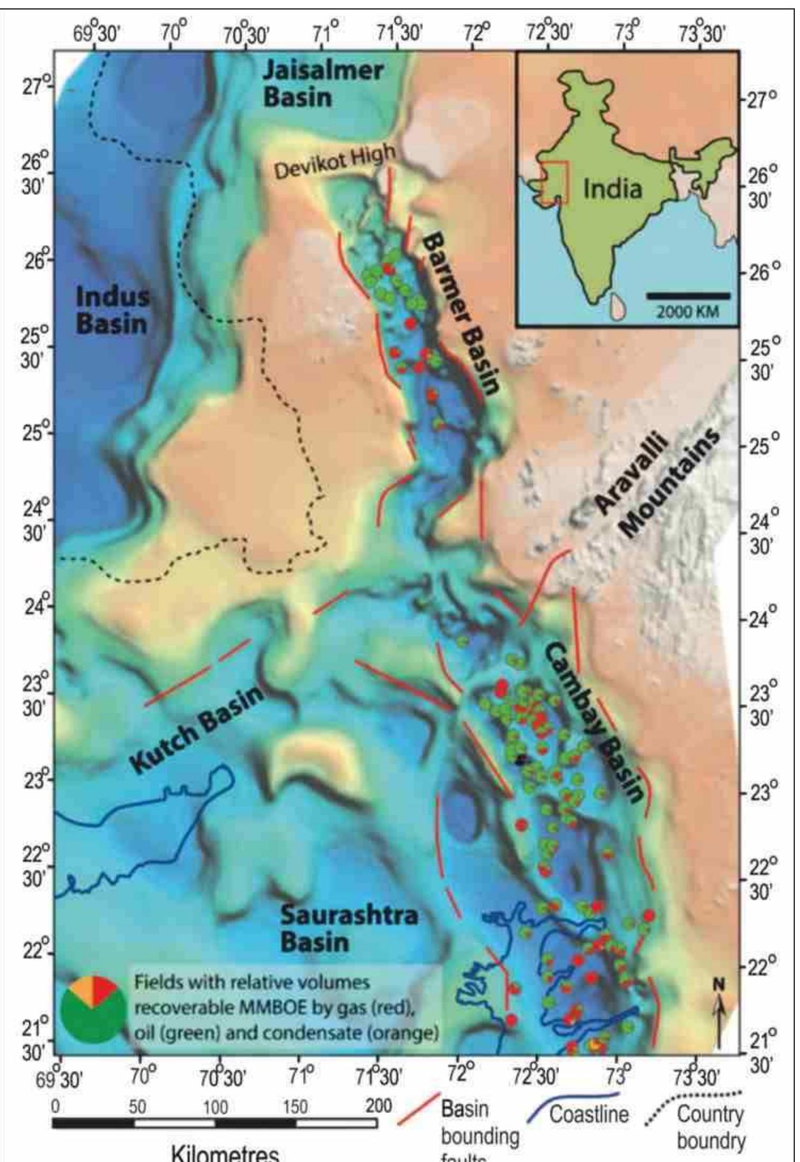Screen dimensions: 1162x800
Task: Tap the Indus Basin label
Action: point(113,309)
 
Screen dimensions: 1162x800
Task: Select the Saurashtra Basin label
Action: point(348,928)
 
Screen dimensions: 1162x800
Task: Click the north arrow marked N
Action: point(719,1016)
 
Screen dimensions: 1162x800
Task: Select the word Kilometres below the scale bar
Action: point(224,1153)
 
